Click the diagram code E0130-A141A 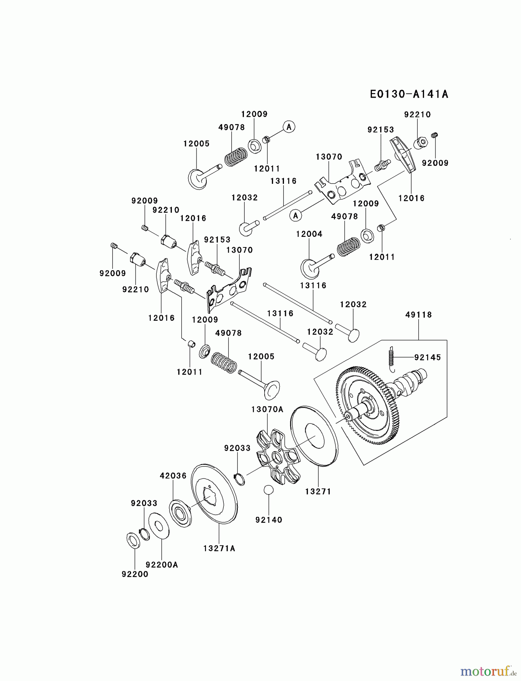[409, 94]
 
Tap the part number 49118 [418, 315]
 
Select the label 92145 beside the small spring [427, 358]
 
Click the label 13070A [267, 410]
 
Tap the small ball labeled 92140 [268, 490]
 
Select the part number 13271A [219, 548]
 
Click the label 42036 [173, 476]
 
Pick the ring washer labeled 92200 [133, 540]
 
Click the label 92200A [162, 565]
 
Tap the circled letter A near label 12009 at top [289, 127]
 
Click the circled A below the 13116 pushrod [296, 216]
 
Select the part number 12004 [309, 234]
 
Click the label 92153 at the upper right [381, 130]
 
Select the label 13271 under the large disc [318, 492]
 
